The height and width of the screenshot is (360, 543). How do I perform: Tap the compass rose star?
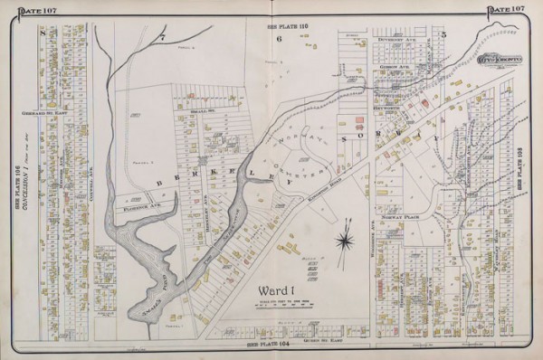coord(345,241)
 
